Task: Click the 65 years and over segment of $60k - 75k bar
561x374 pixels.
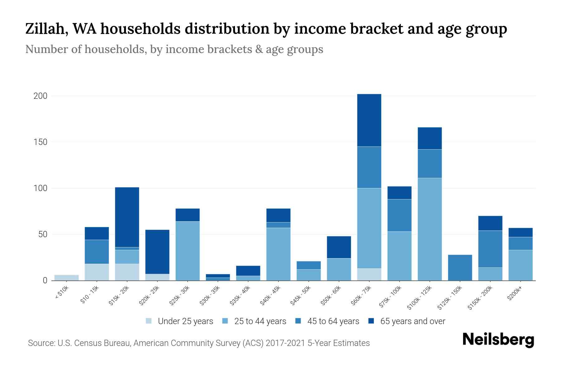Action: pos(369,120)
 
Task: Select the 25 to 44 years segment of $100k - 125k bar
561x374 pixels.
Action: pos(429,229)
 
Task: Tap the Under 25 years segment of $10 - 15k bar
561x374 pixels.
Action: pos(97,272)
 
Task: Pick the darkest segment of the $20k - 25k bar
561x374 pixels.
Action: pos(157,252)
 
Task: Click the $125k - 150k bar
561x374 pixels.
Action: pos(460,267)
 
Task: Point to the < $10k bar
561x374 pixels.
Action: pos(66,278)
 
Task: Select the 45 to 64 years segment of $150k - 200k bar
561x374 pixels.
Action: pos(490,249)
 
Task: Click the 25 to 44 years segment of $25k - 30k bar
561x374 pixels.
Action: pos(188,251)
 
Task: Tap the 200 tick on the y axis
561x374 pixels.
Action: pos(41,96)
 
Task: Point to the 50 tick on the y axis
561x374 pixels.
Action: pos(43,234)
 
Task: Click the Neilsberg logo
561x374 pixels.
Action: pos(498,340)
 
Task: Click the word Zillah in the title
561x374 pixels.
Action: pos(45,29)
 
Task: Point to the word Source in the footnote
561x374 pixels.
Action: pos(41,343)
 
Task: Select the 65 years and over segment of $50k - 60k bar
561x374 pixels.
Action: pos(339,247)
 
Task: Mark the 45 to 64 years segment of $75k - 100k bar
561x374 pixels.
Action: pos(399,215)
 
